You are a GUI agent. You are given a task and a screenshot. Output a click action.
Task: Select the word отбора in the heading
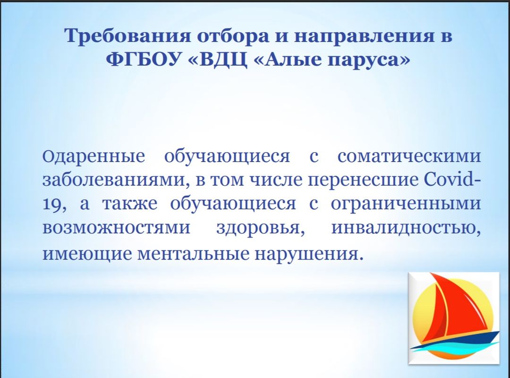233,36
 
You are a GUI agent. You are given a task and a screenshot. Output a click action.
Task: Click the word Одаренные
93,156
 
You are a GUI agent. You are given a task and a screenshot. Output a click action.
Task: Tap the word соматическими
409,156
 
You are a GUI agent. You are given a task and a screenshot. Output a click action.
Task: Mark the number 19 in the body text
52,205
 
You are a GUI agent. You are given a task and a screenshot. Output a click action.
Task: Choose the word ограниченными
406,205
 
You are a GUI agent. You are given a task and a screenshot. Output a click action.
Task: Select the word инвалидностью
406,228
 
